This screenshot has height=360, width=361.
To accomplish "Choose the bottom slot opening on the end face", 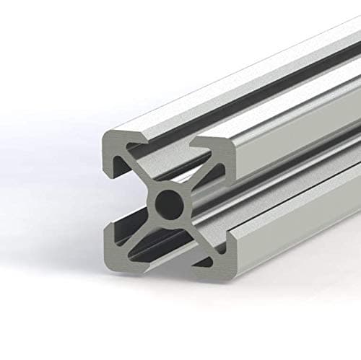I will coord(168,249).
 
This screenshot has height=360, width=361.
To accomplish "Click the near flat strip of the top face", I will coord(217,108).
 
